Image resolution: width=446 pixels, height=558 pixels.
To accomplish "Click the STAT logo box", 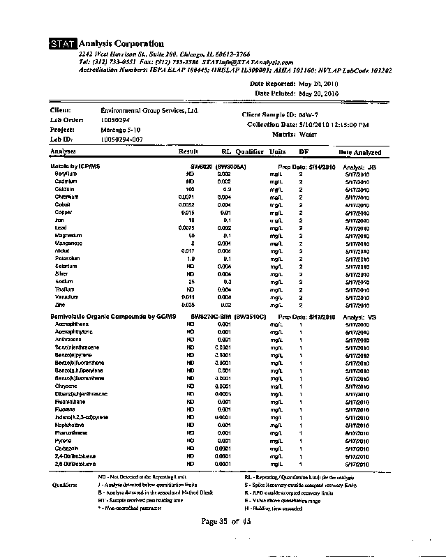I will pyautogui.click(x=64, y=45).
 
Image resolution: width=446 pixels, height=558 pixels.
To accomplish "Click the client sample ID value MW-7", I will pyautogui.click(x=309, y=114).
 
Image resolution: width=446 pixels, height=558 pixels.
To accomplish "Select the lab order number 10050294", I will pyautogui.click(x=116, y=120).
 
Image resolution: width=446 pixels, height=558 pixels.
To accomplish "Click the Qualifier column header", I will pyautogui.click(x=249, y=151).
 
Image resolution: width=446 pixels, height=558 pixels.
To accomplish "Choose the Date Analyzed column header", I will pyautogui.click(x=359, y=152).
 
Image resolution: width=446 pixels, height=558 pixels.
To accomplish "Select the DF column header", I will pyautogui.click(x=304, y=151).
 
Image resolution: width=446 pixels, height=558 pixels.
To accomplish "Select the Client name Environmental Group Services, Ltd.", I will pyautogui.click(x=149, y=110).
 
